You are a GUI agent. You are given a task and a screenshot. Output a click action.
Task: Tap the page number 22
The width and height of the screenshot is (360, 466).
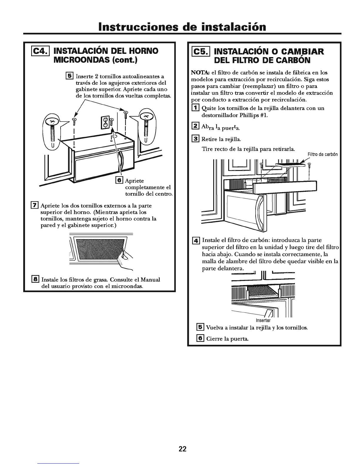coord(182,449)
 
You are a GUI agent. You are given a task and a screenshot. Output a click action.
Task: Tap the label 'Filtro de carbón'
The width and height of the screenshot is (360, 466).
coord(322,154)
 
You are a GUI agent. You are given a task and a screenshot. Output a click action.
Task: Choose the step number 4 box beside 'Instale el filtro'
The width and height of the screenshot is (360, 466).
coord(196,240)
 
